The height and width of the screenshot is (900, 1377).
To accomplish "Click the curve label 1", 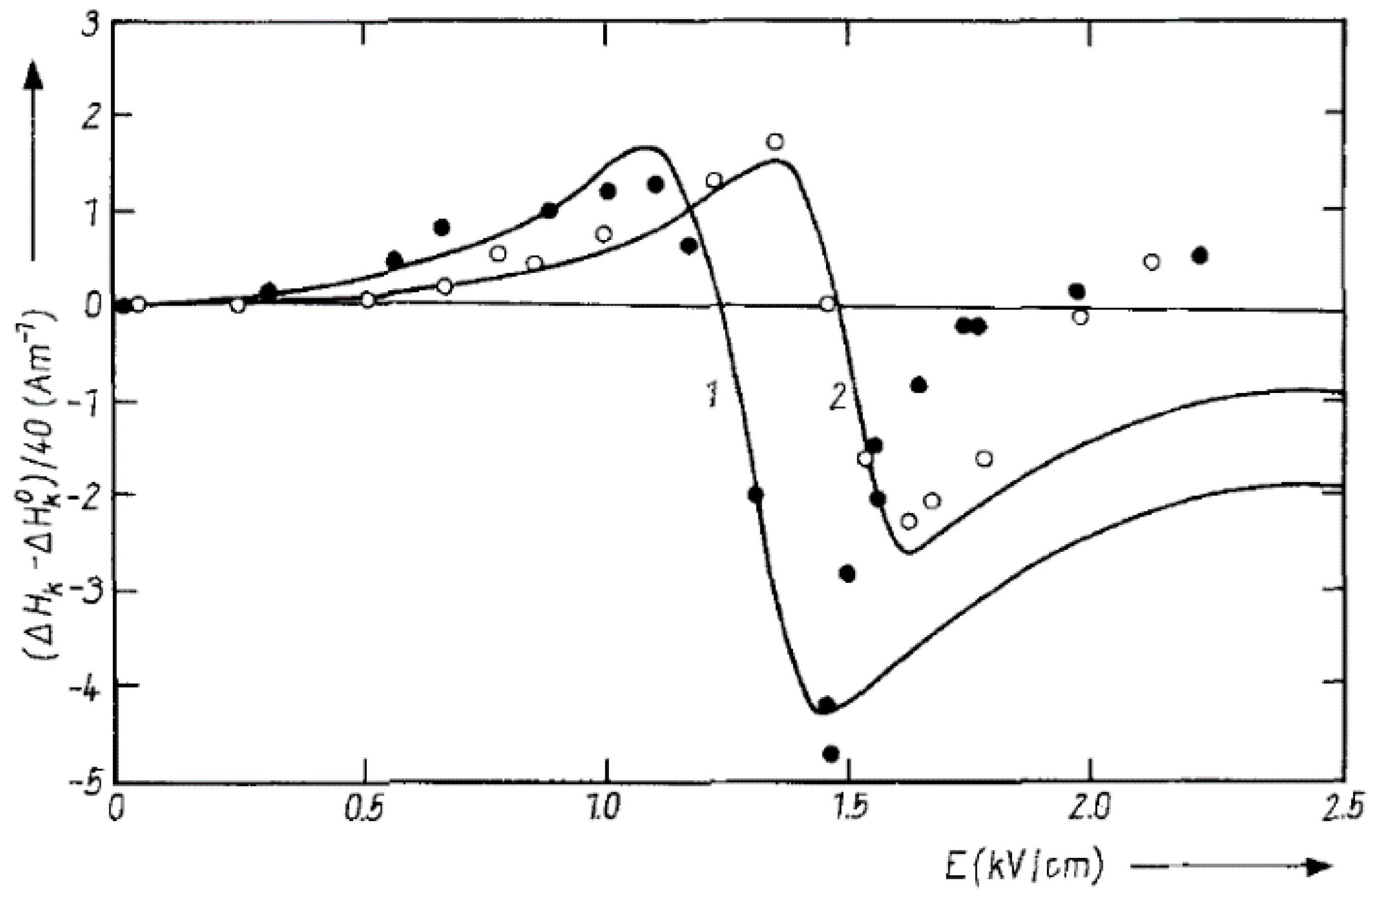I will click(x=713, y=396).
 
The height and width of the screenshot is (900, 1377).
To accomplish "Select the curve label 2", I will click(x=837, y=398).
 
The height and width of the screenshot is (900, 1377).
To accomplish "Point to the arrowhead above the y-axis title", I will click(x=34, y=75).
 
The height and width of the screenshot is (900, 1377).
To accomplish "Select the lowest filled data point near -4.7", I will click(x=831, y=754).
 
